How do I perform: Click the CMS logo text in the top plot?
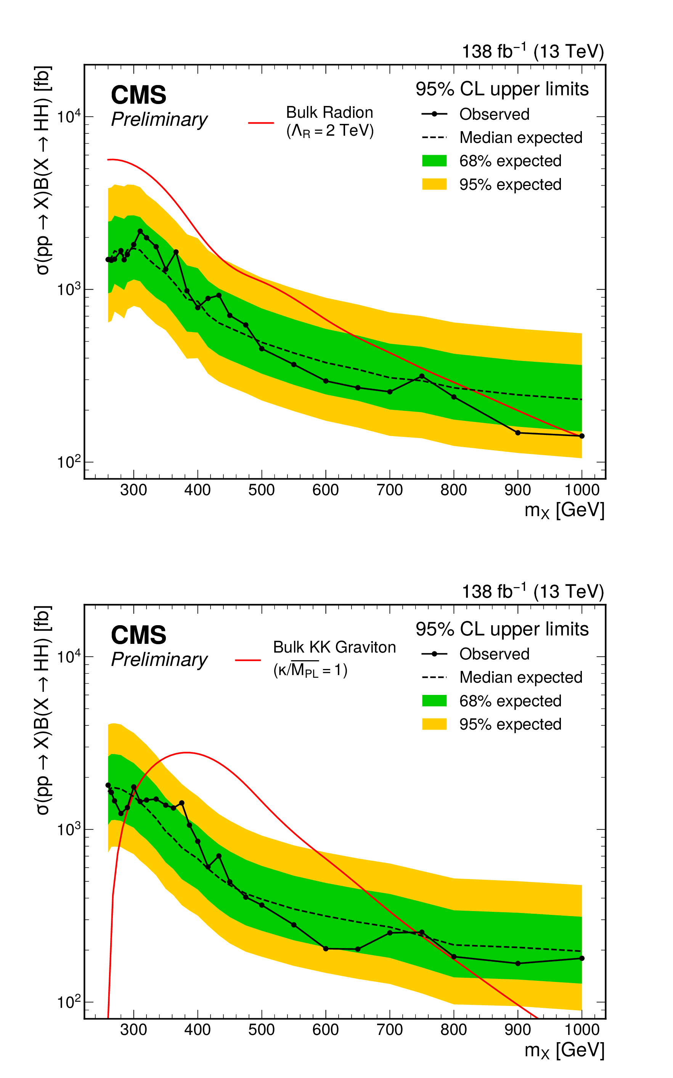pos(138,95)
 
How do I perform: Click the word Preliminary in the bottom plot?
pos(159,659)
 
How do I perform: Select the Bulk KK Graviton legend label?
pos(334,647)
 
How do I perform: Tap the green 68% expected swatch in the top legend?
pos(434,160)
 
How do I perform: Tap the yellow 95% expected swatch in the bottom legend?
pos(434,724)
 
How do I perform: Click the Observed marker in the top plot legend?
pos(434,114)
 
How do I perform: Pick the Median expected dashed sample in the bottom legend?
pos(434,677)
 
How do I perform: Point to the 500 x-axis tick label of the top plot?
pos(261,490)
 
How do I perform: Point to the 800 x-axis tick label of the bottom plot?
pos(454,1030)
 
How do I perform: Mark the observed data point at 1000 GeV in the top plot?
pos(582,436)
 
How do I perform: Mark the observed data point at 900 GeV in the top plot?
pos(518,432)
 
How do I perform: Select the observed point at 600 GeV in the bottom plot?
pos(326,948)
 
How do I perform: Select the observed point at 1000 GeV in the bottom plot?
pos(582,958)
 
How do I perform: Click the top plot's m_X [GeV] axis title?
pos(564,510)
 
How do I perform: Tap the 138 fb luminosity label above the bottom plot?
pos(532,591)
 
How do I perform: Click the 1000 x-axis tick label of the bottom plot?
pos(582,1030)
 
